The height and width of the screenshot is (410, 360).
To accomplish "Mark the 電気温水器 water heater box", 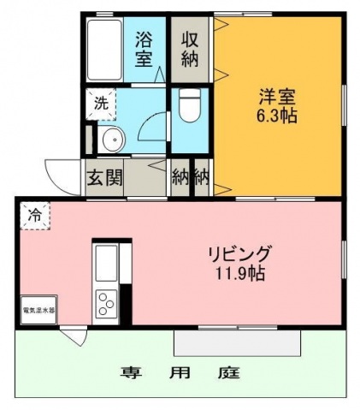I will [x=38, y=309].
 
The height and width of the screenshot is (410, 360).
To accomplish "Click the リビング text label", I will [x=239, y=253].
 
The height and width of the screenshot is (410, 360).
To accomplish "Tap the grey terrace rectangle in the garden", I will [x=238, y=342].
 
